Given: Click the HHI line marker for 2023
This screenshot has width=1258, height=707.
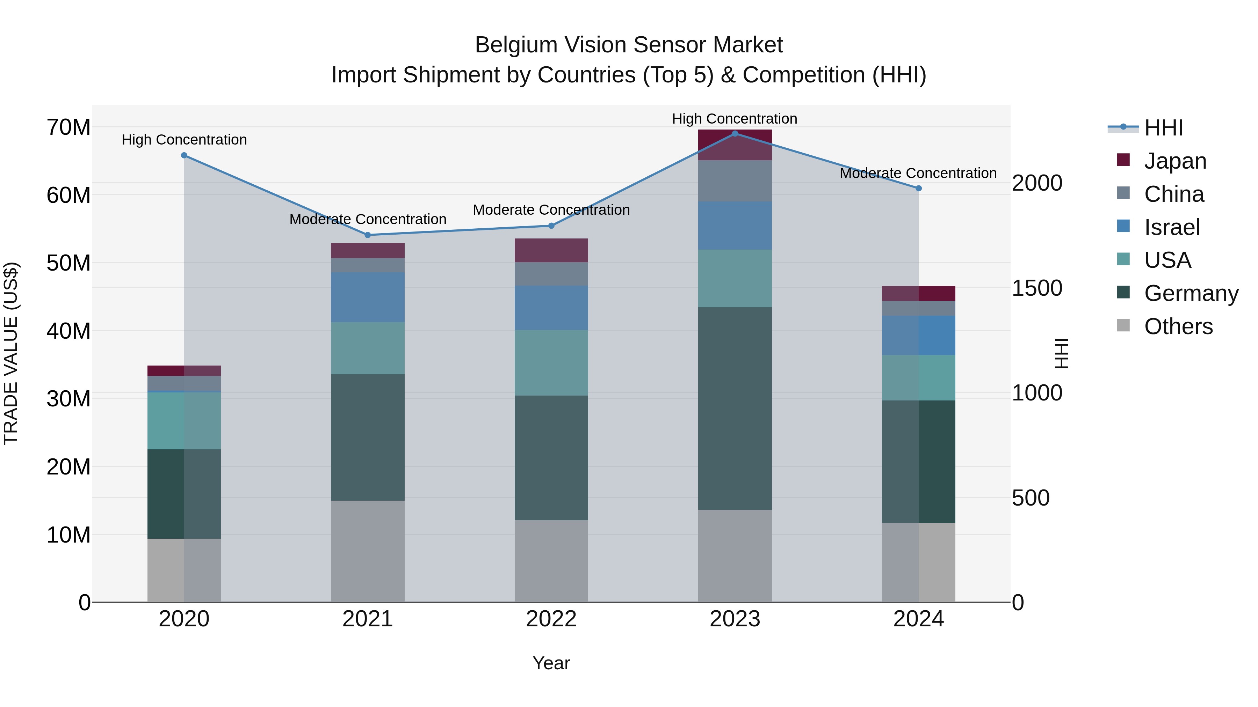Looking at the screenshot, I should tap(735, 133).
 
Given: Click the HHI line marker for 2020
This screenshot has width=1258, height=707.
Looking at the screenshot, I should tap(184, 155).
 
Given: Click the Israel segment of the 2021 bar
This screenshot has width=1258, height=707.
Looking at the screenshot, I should tap(368, 297).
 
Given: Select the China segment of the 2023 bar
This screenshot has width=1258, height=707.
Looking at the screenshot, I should tap(735, 181).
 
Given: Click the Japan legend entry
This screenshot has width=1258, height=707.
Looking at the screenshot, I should tap(1174, 161).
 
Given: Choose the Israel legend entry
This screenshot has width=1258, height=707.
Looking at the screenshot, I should tap(1172, 227).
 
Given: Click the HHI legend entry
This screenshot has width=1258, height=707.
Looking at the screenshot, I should tap(1163, 128).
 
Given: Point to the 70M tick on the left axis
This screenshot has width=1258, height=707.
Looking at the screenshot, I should tap(68, 127).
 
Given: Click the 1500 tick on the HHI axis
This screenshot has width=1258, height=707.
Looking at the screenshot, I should tap(1036, 288).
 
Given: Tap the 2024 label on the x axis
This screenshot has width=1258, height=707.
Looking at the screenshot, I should tap(918, 619).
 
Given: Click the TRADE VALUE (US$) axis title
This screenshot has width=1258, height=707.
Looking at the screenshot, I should tap(11, 353).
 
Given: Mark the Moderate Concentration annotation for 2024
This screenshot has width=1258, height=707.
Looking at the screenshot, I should tap(918, 173).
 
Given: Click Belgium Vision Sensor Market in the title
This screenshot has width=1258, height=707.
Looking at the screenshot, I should tap(629, 45).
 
